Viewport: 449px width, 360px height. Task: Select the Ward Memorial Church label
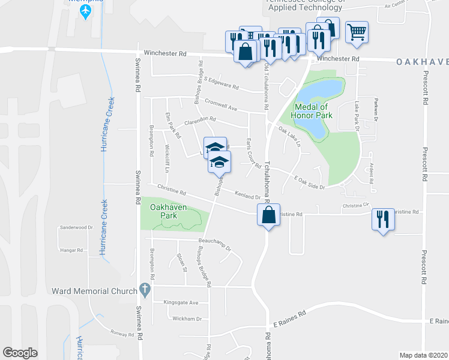(x=94, y=291)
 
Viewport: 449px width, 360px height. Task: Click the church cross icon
(x=145, y=290)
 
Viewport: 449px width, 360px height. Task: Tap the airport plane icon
(x=85, y=10)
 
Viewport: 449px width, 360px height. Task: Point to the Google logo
(x=20, y=353)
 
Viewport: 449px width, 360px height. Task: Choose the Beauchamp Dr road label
(x=214, y=243)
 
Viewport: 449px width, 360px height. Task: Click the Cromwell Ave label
(x=221, y=106)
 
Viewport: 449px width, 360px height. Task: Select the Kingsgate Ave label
(x=181, y=303)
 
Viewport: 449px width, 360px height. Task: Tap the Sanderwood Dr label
(x=76, y=228)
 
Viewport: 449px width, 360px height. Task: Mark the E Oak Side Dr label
(x=309, y=182)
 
